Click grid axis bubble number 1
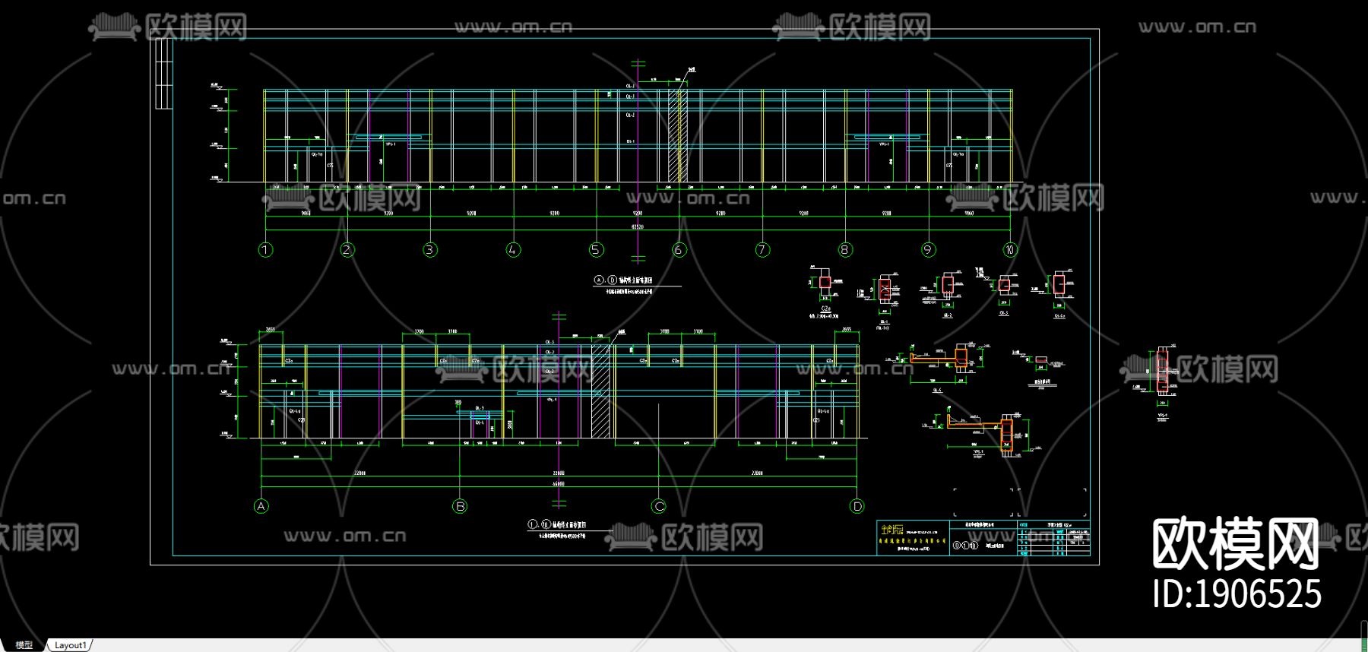click(265, 249)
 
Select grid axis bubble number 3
click(430, 249)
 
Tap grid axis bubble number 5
click(596, 249)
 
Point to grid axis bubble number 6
click(679, 249)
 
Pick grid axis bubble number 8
click(845, 249)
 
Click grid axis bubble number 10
click(1009, 249)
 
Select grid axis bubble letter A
click(261, 506)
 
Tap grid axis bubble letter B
click(460, 506)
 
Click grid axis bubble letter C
click(659, 506)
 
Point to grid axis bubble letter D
click(857, 506)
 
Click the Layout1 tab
click(70, 645)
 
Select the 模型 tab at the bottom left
click(24, 645)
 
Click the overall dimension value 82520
click(638, 226)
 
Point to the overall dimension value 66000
click(559, 483)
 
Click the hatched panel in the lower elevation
click(600, 391)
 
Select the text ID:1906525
click(1237, 594)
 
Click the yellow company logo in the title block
click(892, 530)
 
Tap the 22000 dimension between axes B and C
click(559, 473)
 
